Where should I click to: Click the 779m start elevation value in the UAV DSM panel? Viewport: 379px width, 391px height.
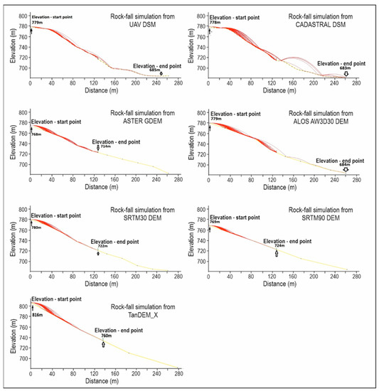click(37, 22)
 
